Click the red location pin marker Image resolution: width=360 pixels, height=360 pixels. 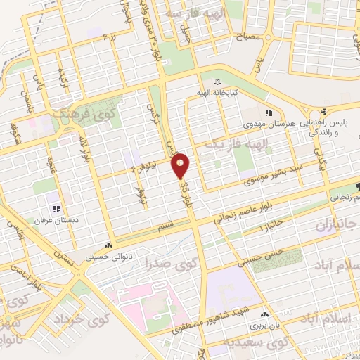181,165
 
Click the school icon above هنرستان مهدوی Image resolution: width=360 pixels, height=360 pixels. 268,112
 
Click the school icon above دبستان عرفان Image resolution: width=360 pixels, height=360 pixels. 56,208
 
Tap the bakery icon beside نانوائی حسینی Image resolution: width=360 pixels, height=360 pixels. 108,246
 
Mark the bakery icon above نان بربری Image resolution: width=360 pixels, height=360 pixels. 264,316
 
